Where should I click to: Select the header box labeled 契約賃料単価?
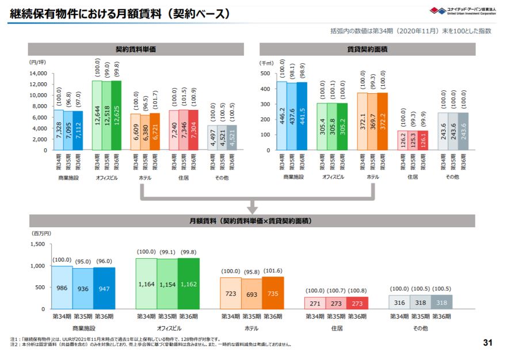click(x=135, y=49)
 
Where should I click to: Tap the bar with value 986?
click(x=62, y=288)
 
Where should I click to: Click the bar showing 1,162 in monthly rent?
click(x=188, y=284)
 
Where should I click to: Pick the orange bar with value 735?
click(x=272, y=293)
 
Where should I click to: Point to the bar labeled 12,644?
click(x=97, y=115)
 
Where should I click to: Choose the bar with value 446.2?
click(x=281, y=116)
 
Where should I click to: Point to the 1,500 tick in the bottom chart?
click(x=36, y=244)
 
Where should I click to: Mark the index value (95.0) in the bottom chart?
click(x=83, y=260)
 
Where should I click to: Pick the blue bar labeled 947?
click(x=104, y=288)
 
